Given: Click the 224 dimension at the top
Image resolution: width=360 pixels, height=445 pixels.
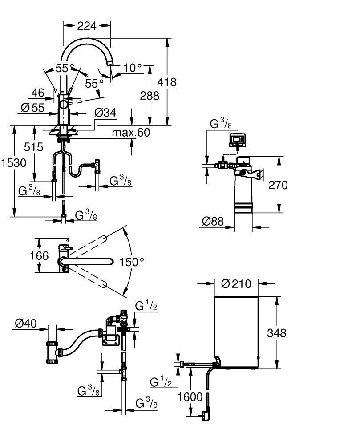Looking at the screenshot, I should click(x=87, y=26).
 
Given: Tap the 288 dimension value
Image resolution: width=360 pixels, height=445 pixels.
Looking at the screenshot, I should click(x=150, y=96).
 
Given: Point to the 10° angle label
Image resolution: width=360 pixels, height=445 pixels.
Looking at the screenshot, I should click(x=132, y=68).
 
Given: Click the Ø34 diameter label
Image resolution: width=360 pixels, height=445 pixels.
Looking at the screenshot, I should click(x=105, y=113).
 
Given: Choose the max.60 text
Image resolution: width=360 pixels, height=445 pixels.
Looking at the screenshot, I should click(x=131, y=132).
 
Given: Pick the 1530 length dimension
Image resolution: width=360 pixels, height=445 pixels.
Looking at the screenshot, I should click(x=13, y=163).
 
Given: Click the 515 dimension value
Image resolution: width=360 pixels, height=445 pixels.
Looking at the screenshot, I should click(x=34, y=147).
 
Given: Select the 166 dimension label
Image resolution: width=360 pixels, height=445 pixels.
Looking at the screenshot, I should click(x=40, y=256).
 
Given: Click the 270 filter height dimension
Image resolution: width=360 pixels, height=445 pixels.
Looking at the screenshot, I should click(x=279, y=185).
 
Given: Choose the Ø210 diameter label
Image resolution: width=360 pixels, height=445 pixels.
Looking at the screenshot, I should click(x=236, y=283).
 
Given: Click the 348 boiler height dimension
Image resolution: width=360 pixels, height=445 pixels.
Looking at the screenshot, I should click(x=277, y=332).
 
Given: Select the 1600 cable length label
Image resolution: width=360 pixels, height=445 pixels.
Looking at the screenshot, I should click(x=190, y=396).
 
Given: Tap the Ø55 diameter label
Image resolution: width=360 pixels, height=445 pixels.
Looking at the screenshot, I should click(x=32, y=107).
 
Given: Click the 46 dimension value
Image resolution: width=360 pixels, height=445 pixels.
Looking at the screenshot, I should click(x=38, y=93).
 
